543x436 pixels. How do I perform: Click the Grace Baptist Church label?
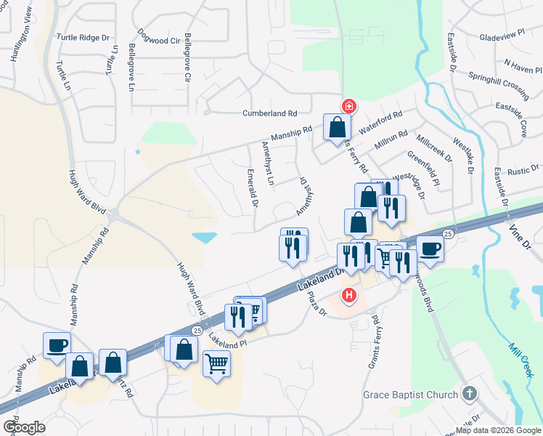pyautogui.click(x=411, y=395)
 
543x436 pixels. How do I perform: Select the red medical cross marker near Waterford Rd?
pyautogui.click(x=349, y=106)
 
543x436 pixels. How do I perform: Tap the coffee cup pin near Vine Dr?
pyautogui.click(x=429, y=249)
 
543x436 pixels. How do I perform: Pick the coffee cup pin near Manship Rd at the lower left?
pyautogui.click(x=57, y=344)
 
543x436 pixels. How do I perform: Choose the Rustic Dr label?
pyautogui.click(x=523, y=171)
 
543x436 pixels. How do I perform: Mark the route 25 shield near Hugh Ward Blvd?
pyautogui.click(x=197, y=330)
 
